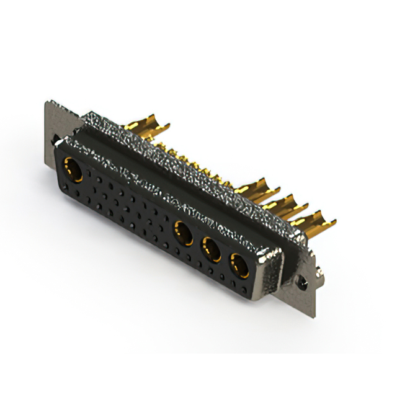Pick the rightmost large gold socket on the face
238,265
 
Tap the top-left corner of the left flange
47,103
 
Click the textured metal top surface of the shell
186,161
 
